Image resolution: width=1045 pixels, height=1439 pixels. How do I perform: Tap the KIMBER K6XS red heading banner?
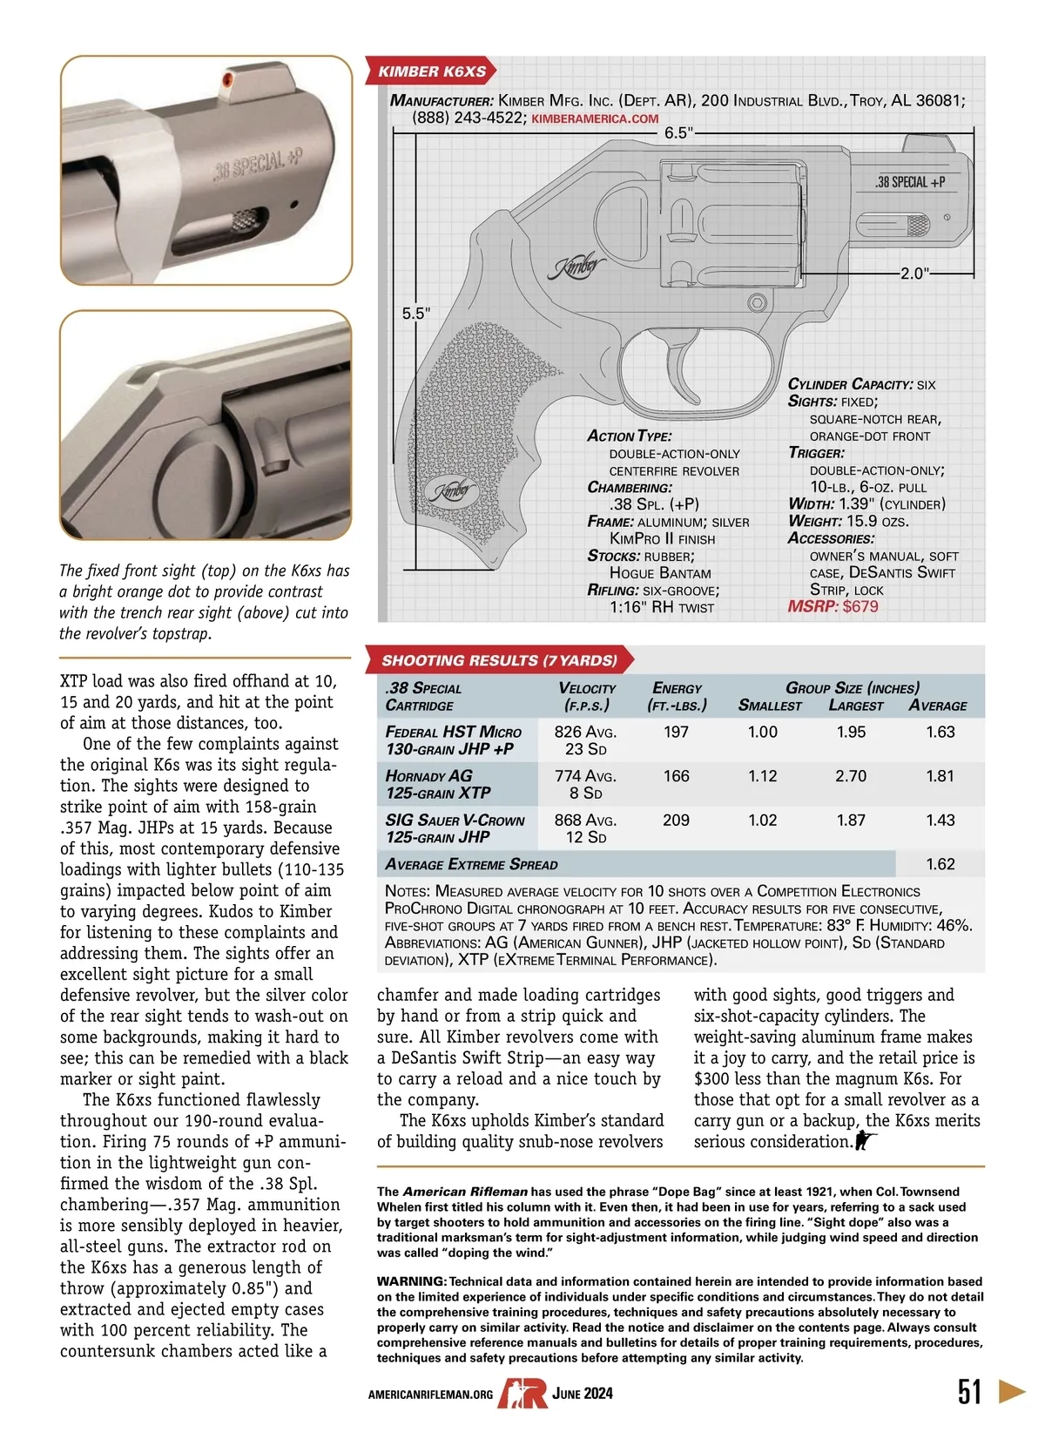432,71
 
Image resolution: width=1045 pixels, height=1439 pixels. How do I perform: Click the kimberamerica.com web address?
595,118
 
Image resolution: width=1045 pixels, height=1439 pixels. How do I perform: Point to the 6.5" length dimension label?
678,133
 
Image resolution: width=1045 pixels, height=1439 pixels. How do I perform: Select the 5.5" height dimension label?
415,314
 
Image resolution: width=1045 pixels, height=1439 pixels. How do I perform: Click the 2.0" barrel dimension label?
914,274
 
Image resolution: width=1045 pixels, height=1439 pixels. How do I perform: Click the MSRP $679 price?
833,606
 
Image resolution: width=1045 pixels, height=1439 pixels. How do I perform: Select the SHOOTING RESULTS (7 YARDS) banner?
499,660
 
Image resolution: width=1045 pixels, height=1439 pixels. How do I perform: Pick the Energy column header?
677,697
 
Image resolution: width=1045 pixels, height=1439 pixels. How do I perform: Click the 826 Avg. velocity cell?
585,732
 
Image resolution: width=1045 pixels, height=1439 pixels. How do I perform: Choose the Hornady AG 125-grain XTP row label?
438,784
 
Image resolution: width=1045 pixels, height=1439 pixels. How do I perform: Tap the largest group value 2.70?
851,776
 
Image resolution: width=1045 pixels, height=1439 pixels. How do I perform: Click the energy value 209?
676,821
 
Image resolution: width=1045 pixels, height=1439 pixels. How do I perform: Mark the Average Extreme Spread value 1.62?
940,864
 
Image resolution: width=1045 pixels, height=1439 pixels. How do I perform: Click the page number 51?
970,1391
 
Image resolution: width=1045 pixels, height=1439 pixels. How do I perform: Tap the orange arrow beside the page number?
1012,1390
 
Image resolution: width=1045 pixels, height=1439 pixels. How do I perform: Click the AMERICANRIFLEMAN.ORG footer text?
430,1395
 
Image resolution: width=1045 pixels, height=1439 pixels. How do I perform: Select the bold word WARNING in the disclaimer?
411,1281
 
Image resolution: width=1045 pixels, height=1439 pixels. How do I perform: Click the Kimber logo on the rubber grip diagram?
454,490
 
